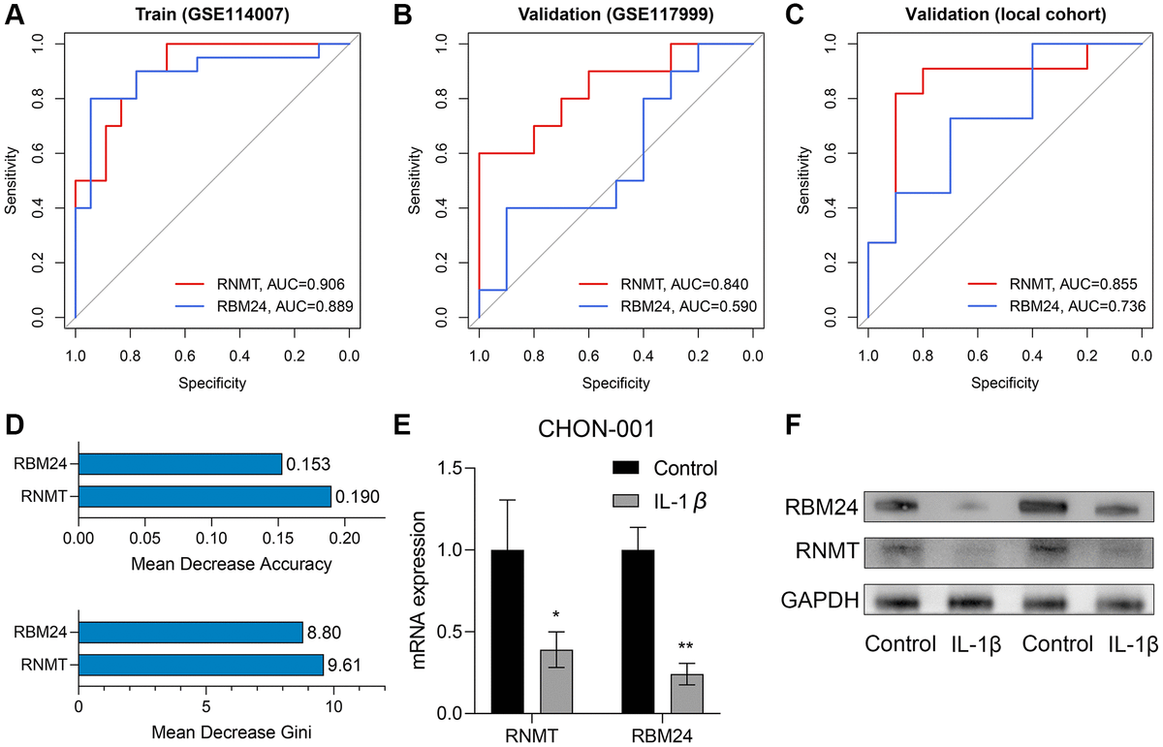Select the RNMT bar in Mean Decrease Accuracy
pos(204,497)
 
